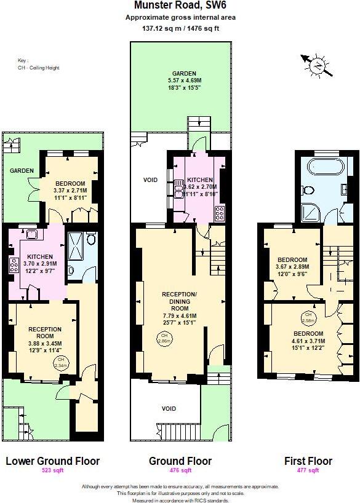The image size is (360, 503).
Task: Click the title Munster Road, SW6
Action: tap(180, 6)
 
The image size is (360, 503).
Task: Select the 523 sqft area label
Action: tap(52, 470)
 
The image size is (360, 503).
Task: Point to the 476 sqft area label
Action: tap(180, 470)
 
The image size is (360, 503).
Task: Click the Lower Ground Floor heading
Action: tap(52, 461)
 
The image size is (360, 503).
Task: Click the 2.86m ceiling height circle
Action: tap(164, 338)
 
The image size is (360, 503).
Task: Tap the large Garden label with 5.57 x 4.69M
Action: tap(183, 80)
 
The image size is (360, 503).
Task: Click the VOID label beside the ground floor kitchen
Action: tap(150, 180)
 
